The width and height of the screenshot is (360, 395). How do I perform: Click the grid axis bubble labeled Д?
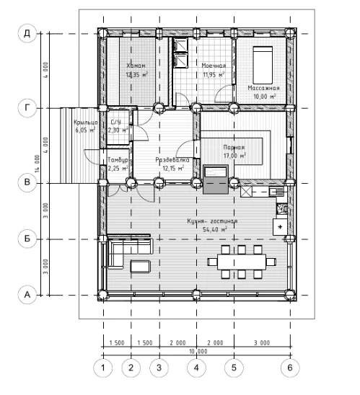point(27,33)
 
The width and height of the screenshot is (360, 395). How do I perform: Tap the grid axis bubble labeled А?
point(27,294)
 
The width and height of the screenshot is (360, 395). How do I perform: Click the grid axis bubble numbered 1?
point(102,367)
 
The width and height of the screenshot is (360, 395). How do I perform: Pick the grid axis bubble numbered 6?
point(289,367)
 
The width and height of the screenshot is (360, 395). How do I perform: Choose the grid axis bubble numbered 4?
point(196,367)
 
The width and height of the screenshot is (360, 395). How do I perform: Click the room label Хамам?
point(136,66)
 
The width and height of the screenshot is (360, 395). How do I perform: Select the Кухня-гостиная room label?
point(213,221)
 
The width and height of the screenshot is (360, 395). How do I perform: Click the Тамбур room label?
point(118,160)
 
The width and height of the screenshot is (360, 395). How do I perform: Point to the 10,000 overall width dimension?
point(196,351)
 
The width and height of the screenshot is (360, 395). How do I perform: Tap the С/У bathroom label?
point(116,123)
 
